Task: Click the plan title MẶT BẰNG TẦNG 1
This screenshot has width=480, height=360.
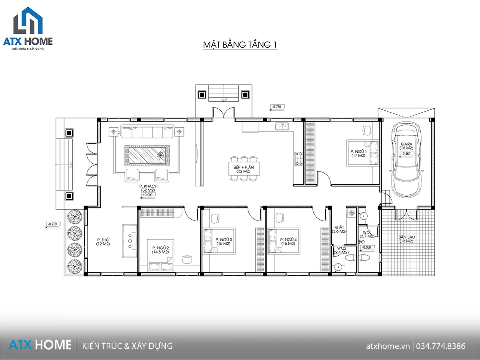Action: coord(240,44)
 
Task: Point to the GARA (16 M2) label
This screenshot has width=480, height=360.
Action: coord(406,146)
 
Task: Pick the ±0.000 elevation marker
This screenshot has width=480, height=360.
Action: coord(148,195)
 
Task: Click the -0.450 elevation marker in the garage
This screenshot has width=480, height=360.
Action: coord(406,154)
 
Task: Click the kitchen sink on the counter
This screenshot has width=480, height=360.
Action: coord(282,126)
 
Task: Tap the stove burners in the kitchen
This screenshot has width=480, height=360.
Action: coord(298,159)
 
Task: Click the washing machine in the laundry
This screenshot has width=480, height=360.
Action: coord(352,212)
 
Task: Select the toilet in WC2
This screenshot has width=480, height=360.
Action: coord(350,258)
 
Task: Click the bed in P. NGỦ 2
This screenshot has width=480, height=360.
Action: coord(161,255)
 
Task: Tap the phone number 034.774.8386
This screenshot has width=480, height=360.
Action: coord(441,346)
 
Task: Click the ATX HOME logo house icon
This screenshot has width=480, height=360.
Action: coord(28,20)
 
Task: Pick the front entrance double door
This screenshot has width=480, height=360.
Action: coord(224,112)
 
